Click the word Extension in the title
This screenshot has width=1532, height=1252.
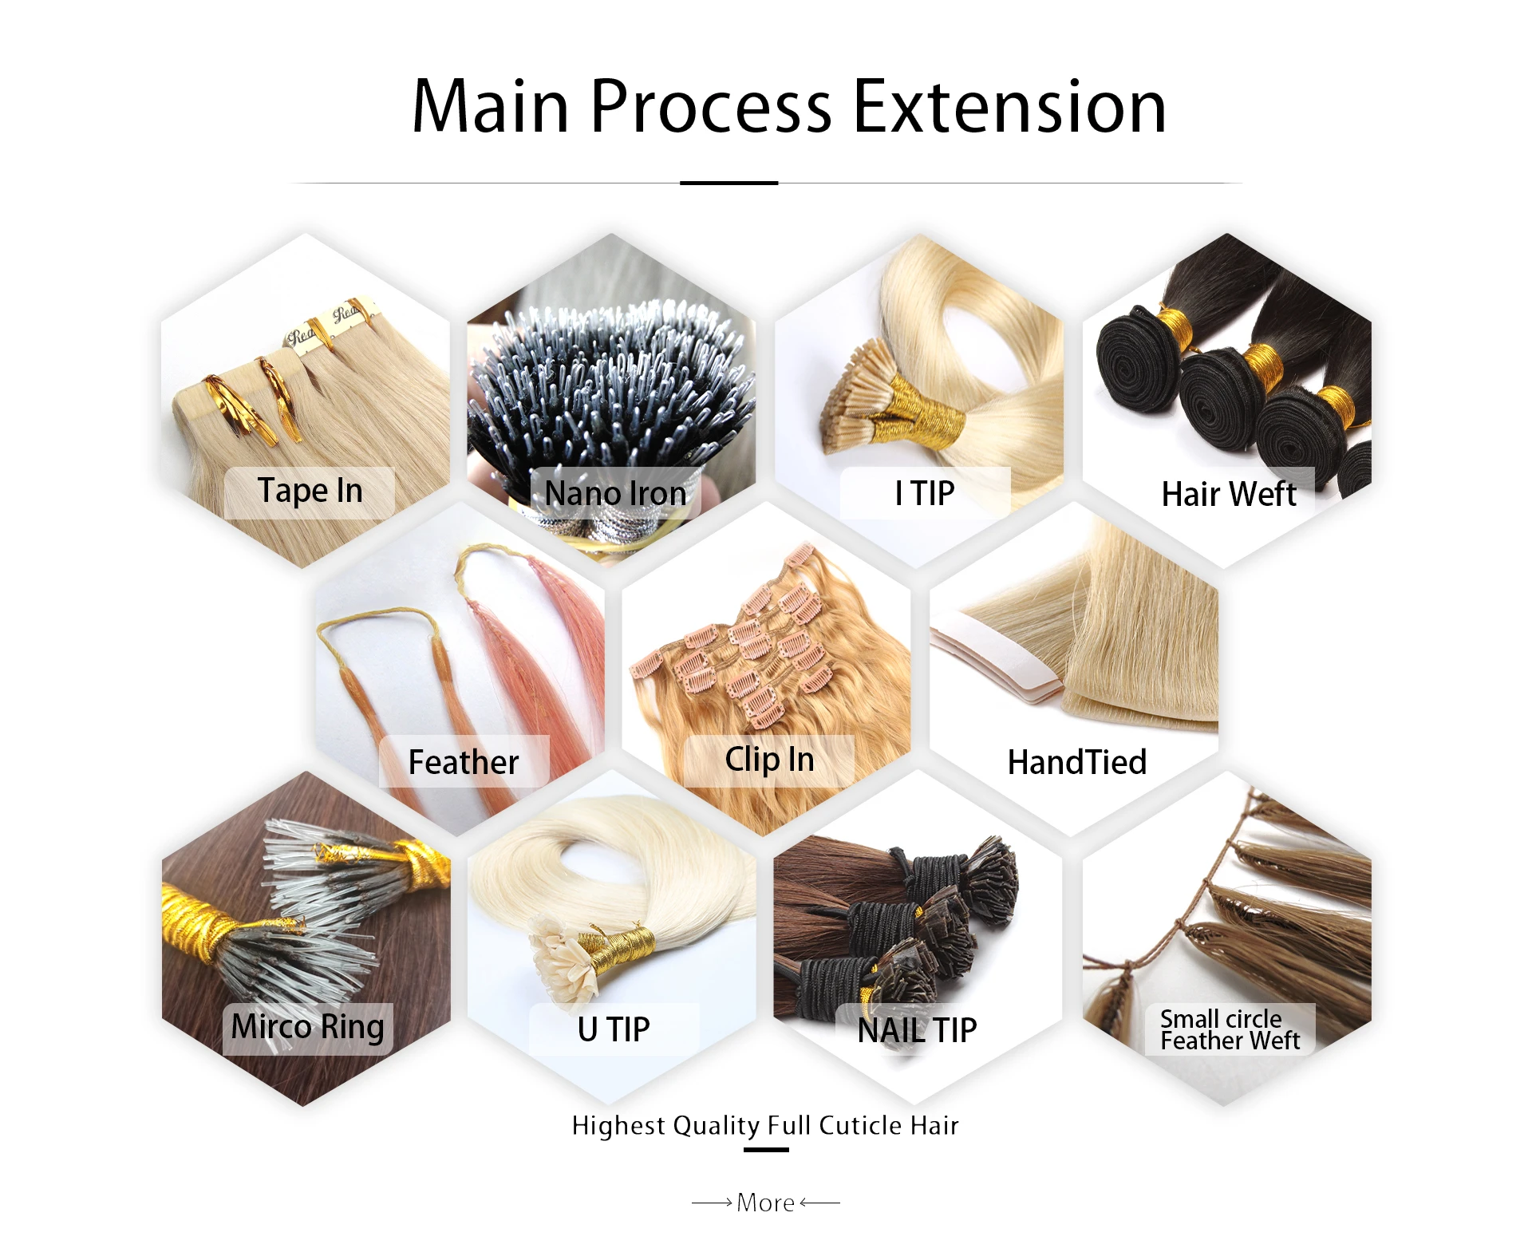(1009, 107)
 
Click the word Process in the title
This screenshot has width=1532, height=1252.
(710, 107)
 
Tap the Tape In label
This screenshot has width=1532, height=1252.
(310, 492)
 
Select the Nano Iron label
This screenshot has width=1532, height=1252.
(615, 494)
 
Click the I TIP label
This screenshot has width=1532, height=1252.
(924, 494)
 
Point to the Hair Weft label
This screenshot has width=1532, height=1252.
(1229, 494)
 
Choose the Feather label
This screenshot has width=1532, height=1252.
(464, 762)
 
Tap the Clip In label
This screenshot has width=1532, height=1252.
(769, 760)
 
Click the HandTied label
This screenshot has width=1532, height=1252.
(1076, 762)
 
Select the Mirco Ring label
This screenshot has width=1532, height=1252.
(307, 1028)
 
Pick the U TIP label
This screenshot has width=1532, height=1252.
(614, 1029)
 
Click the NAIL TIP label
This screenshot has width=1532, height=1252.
(917, 1031)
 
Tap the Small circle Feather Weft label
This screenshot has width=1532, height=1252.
(1229, 1030)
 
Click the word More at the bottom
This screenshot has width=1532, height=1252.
(765, 1203)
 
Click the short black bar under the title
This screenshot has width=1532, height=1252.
(728, 183)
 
